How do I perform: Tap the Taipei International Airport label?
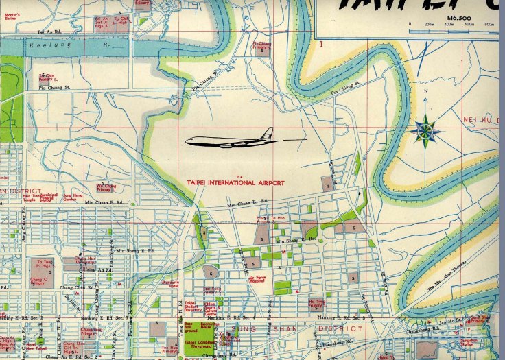[x=235, y=182]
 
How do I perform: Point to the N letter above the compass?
[x=425, y=92]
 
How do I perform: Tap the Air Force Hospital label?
[x=257, y=280]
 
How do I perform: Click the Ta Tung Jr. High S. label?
[x=43, y=264]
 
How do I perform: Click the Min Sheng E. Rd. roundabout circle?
[x=320, y=240]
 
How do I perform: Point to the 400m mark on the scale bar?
[x=449, y=23]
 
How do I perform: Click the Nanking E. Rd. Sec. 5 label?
[x=340, y=317]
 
